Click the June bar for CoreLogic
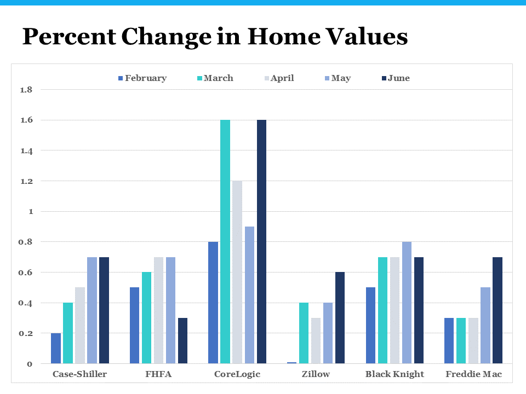[x=261, y=241]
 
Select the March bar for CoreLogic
[x=225, y=241]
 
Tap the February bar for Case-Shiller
[x=56, y=348]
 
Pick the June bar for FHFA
[x=182, y=340]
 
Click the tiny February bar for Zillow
[x=292, y=362]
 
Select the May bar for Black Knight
[x=407, y=303]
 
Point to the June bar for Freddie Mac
[x=498, y=310]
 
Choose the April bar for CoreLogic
[x=237, y=272]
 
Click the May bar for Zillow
[x=328, y=333]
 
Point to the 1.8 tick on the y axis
[x=26, y=90]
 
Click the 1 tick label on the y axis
[x=30, y=212]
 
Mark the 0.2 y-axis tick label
[x=26, y=333]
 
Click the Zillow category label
[x=316, y=374]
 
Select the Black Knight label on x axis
[x=395, y=374]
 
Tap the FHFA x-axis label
[x=158, y=374]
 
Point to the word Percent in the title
[x=68, y=37]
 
